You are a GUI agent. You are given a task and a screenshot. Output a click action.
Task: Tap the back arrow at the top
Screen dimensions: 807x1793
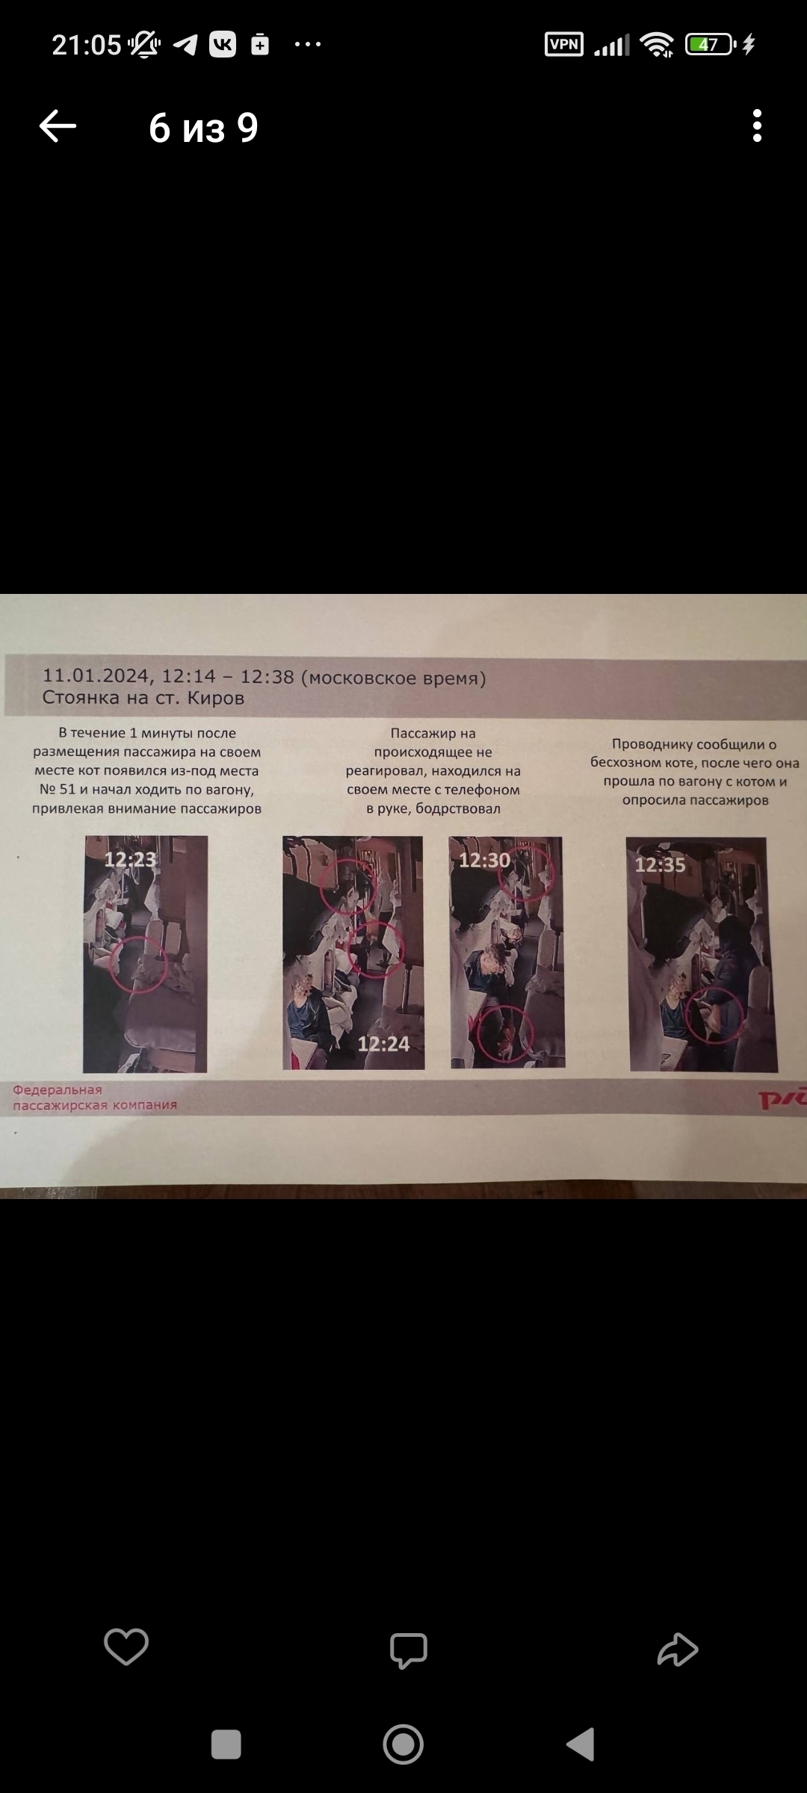[x=58, y=126]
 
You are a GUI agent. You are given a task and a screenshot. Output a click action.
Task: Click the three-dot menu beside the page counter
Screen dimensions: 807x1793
[x=757, y=126]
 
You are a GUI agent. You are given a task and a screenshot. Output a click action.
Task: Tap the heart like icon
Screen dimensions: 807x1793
[x=126, y=1647]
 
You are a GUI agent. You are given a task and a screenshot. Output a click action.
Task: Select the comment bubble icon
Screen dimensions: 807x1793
[x=408, y=1650]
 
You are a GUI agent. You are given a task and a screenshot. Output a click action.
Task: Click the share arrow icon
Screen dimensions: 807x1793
[x=678, y=1649]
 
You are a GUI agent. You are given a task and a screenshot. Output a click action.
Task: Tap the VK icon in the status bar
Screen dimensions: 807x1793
[x=223, y=45]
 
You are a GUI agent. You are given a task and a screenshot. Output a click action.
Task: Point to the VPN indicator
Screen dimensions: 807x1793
[x=564, y=44]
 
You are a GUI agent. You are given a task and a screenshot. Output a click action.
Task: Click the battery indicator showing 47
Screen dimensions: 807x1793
[x=710, y=45]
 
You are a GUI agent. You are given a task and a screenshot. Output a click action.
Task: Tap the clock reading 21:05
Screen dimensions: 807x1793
[x=86, y=45]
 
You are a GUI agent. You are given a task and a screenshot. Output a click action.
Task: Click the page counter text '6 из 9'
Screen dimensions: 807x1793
[x=203, y=128]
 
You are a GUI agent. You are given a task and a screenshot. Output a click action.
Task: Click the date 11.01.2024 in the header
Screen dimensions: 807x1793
[x=96, y=675]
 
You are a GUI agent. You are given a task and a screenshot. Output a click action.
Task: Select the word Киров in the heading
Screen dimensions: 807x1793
[x=216, y=698]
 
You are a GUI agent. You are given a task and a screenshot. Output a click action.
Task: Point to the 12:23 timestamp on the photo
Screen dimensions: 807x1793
[x=130, y=859]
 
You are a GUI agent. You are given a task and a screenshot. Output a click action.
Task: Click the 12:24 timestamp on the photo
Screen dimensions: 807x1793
[x=383, y=1044]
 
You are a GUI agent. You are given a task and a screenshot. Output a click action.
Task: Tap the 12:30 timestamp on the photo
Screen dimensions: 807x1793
[x=484, y=860]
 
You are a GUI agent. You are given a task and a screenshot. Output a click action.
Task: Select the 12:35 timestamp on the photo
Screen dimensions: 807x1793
[x=660, y=864]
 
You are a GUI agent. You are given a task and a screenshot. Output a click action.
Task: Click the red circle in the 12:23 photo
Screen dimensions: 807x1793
[x=111, y=964]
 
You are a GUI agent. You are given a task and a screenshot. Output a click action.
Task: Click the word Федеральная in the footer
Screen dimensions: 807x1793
[x=58, y=1090]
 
